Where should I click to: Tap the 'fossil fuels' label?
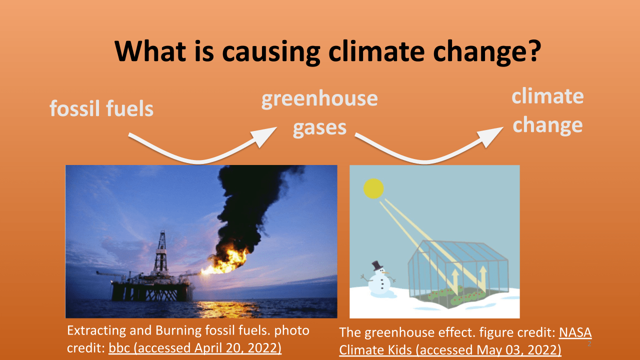(101, 108)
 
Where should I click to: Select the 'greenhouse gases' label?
(319, 113)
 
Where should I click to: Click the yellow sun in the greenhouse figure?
(373, 188)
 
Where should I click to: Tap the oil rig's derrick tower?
(161, 252)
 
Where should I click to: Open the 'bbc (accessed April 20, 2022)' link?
(195, 348)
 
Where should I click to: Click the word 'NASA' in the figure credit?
(575, 332)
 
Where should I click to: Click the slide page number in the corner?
(589, 344)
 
